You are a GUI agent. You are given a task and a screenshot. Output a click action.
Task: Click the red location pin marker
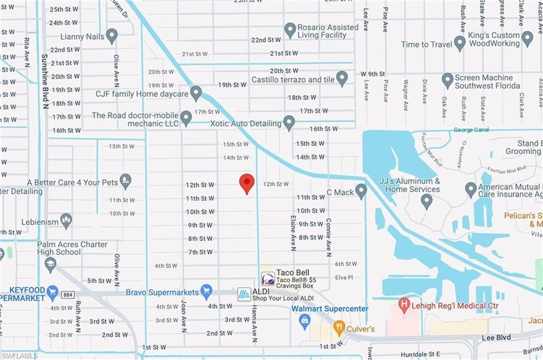pyautogui.click(x=247, y=183)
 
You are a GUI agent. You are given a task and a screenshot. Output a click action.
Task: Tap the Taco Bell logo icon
pyautogui.click(x=268, y=278)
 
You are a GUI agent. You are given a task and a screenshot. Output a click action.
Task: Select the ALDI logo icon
pyautogui.click(x=244, y=295)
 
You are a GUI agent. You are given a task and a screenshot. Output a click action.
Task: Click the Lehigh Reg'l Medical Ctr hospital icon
pyautogui.click(x=404, y=304)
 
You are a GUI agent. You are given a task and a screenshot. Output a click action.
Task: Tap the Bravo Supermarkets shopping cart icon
pyautogui.click(x=207, y=291)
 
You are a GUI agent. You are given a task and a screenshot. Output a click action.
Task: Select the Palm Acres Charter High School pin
pyautogui.click(x=51, y=264)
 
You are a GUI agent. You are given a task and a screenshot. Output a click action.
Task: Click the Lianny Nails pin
pyautogui.click(x=112, y=36)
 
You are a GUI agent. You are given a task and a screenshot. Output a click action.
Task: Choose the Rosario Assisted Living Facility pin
pyautogui.click(x=290, y=30)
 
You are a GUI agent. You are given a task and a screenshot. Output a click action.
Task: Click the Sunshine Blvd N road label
pyautogui.click(x=44, y=74)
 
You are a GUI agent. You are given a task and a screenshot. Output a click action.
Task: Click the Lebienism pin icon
pyautogui.click(x=66, y=220)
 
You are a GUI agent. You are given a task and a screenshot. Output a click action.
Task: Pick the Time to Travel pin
pyautogui.click(x=460, y=43)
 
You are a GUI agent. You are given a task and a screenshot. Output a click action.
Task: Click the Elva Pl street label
pyautogui.click(x=343, y=277)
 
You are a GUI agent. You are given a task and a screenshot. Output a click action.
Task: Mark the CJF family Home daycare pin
pyautogui.click(x=196, y=93)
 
